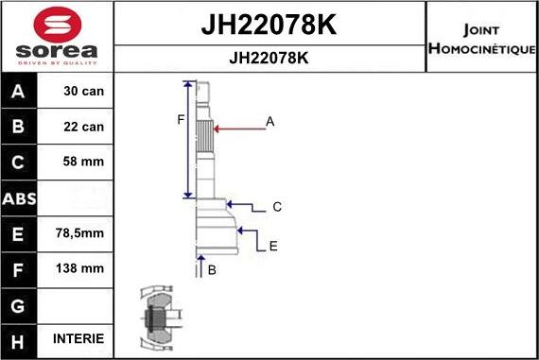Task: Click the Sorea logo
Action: click(x=57, y=35)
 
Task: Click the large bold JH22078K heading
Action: click(x=269, y=24)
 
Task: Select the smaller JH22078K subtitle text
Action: click(x=269, y=57)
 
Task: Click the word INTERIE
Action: click(x=77, y=338)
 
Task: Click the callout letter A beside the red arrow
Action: click(x=269, y=121)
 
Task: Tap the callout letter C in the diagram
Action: click(x=277, y=206)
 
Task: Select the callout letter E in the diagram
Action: click(x=273, y=246)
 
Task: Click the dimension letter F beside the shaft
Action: click(x=180, y=118)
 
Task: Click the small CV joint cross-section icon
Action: click(x=156, y=318)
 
